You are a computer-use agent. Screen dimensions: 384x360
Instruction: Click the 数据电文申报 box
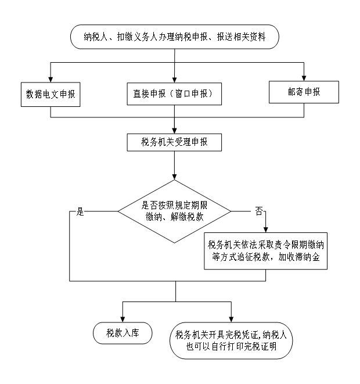(50, 93)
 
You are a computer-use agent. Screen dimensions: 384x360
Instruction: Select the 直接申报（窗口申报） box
(174, 93)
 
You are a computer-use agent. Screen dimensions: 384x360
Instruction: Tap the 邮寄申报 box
(304, 92)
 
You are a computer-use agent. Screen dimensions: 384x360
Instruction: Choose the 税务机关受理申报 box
(174, 142)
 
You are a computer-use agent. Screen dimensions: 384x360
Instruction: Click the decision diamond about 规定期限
(174, 211)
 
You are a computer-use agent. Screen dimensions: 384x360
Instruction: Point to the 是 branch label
(80, 211)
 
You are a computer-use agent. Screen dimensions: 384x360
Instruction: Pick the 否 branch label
(259, 211)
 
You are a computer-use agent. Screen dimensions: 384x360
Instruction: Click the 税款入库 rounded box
(123, 333)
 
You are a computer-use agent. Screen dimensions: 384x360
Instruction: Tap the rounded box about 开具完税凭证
(231, 341)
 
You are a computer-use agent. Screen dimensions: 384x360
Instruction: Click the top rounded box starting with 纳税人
(174, 37)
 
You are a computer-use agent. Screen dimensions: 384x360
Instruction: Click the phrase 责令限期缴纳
(297, 244)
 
